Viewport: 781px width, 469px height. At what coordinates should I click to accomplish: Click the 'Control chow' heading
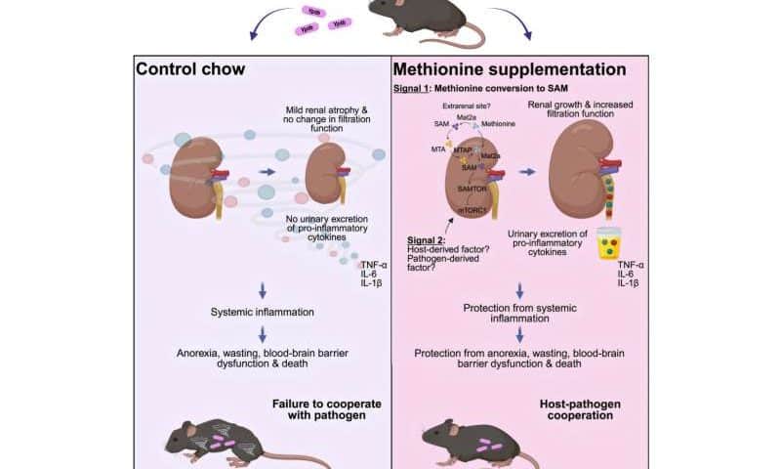(x=191, y=69)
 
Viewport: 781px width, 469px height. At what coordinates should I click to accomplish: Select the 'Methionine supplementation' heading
(x=509, y=69)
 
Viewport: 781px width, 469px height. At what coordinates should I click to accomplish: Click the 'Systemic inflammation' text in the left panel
(x=262, y=312)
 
